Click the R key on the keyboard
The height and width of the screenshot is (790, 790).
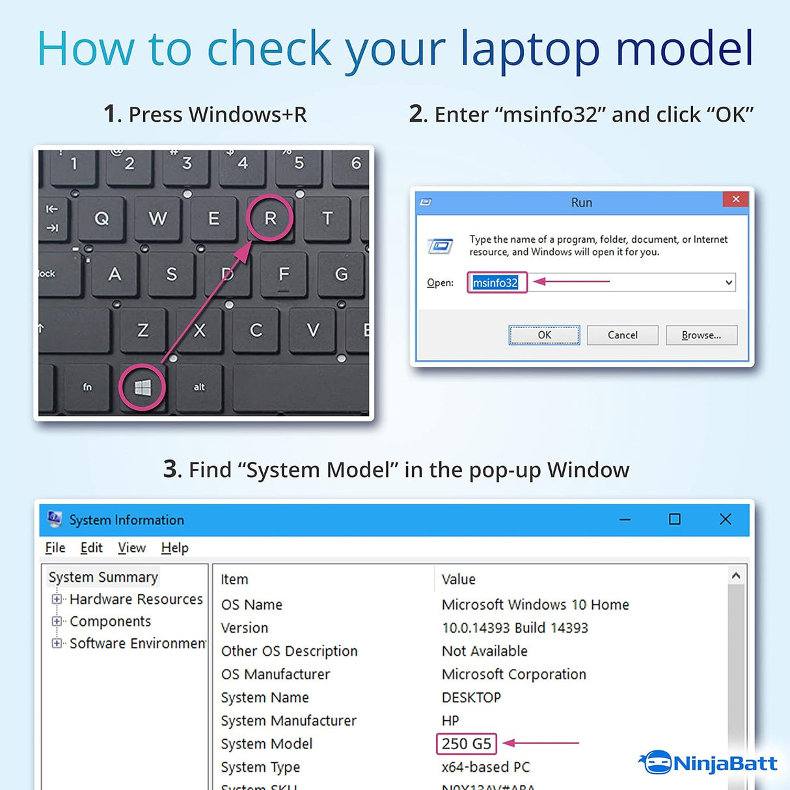(x=270, y=219)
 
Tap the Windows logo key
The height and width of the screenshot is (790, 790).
(x=143, y=388)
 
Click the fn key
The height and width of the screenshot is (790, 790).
(x=87, y=387)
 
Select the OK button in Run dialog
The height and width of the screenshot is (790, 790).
(x=544, y=335)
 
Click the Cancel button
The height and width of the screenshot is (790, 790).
(x=622, y=335)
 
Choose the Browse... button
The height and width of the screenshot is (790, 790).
(x=701, y=335)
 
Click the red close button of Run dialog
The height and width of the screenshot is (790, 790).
(x=735, y=200)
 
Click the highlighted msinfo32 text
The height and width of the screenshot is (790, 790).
(x=495, y=283)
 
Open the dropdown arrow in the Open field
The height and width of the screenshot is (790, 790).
(x=729, y=283)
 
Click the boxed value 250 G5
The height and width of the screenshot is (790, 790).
(x=466, y=744)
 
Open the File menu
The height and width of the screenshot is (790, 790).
(x=55, y=548)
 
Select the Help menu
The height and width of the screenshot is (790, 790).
(x=174, y=548)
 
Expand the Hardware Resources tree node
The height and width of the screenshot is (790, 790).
(x=57, y=599)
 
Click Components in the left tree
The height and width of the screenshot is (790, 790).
(x=110, y=621)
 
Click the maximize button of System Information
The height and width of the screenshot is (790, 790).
(x=675, y=519)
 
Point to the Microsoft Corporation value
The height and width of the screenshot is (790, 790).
(x=513, y=674)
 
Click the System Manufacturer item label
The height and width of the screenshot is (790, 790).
(x=288, y=720)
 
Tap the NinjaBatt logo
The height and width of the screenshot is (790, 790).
(x=709, y=763)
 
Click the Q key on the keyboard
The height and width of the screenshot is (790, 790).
(x=102, y=219)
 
